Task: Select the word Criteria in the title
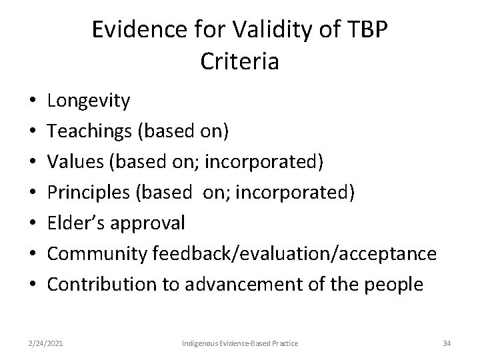[239, 61]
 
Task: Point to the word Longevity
[89, 101]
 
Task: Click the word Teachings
[90, 132]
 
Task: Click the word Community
[97, 254]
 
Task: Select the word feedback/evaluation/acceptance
[295, 254]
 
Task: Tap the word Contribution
[101, 285]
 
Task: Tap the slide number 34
[446, 343]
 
